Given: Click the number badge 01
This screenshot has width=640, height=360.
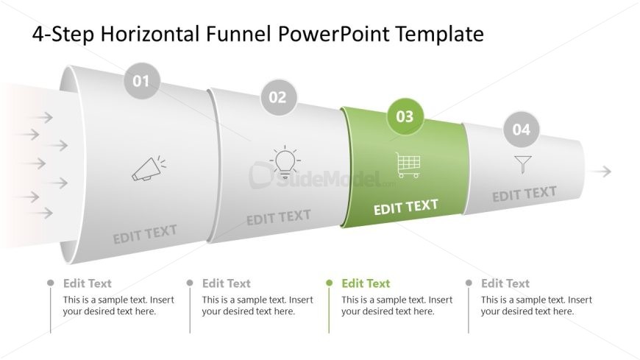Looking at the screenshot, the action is [x=141, y=81].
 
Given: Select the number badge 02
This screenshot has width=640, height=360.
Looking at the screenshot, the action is [x=278, y=97].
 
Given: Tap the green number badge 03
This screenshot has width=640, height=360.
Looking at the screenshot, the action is [x=405, y=116].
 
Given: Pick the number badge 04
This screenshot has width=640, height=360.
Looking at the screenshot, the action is [x=522, y=130].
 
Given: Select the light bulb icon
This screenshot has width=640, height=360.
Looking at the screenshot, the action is [x=285, y=162].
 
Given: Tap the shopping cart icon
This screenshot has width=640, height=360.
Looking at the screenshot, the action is [x=408, y=165].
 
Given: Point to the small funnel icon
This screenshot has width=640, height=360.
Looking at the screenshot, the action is [x=523, y=164].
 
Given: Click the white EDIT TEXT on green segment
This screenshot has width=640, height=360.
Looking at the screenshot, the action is [x=406, y=207].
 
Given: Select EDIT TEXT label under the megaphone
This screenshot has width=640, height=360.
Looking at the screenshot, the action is [x=145, y=233].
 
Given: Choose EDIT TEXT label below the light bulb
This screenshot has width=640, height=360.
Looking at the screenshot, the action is [x=279, y=217].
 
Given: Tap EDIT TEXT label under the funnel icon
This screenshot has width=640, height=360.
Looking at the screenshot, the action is [x=525, y=194].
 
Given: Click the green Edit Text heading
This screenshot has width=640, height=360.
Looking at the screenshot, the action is [x=366, y=283].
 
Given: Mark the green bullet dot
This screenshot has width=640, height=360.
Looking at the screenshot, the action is [x=329, y=283].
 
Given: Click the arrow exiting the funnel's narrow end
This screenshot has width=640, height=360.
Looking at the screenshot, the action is [x=600, y=172].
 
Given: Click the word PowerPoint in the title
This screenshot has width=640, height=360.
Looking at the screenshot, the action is [x=334, y=34].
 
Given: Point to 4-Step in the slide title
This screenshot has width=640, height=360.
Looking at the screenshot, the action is [x=63, y=35].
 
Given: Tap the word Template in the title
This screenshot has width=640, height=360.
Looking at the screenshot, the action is [x=440, y=35].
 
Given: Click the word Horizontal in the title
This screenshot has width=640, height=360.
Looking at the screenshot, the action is [x=150, y=34].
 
